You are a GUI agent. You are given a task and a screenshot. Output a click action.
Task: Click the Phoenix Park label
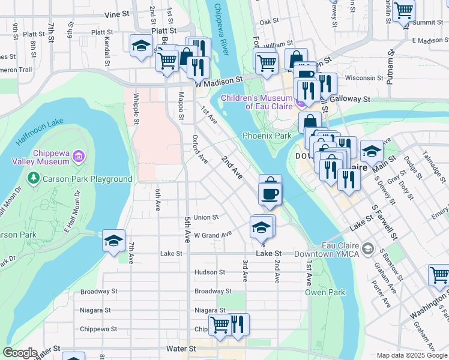[x=267, y=136]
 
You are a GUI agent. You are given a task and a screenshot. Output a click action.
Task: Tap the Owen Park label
[x=325, y=292]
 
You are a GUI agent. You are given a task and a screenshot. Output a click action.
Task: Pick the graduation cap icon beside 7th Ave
[x=113, y=240]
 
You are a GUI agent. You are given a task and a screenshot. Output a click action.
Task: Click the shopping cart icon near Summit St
[x=403, y=10]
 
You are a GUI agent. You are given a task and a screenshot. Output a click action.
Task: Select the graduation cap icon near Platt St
[x=141, y=46]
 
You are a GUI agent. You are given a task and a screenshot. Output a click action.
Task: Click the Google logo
[x=20, y=353]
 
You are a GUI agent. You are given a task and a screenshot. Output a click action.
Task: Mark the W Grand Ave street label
[x=212, y=235]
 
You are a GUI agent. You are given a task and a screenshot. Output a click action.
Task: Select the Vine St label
[x=116, y=13]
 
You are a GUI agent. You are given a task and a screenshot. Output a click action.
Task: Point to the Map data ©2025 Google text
[x=411, y=355]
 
